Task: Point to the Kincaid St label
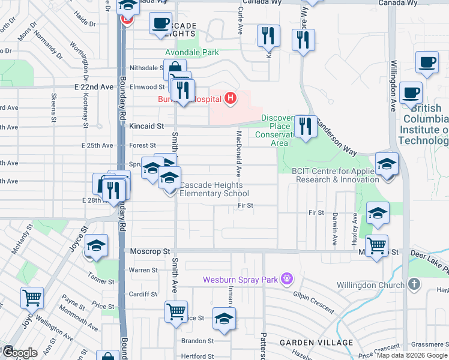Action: tap(146, 127)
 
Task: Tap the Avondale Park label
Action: tap(192, 53)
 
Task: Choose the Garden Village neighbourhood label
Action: tap(316, 343)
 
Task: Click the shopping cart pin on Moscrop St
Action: tap(376, 246)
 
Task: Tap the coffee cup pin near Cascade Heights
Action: tap(160, 24)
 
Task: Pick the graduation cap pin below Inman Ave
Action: tap(224, 319)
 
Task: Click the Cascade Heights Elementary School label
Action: tap(214, 189)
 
